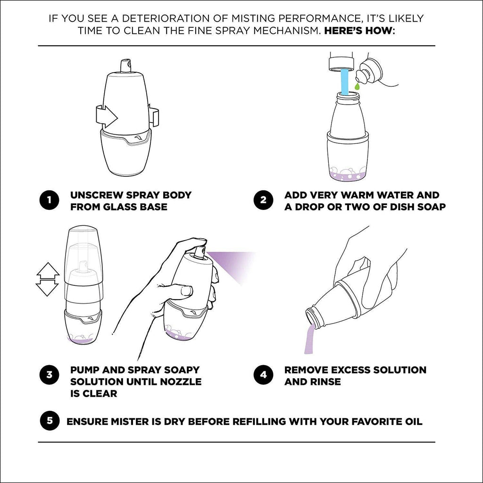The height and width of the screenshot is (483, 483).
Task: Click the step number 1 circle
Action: click(49, 200)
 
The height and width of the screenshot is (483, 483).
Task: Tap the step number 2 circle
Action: click(263, 200)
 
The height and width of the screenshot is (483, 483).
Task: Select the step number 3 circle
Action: click(49, 375)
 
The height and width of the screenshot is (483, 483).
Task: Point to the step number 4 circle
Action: click(263, 375)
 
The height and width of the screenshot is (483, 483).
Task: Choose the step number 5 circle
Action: click(49, 421)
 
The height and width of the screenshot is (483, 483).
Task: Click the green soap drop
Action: click(358, 87)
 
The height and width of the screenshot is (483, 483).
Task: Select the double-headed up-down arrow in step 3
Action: click(47, 279)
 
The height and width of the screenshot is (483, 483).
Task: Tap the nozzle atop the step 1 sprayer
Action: click(125, 65)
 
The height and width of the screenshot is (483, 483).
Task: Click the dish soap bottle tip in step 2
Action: click(361, 75)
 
